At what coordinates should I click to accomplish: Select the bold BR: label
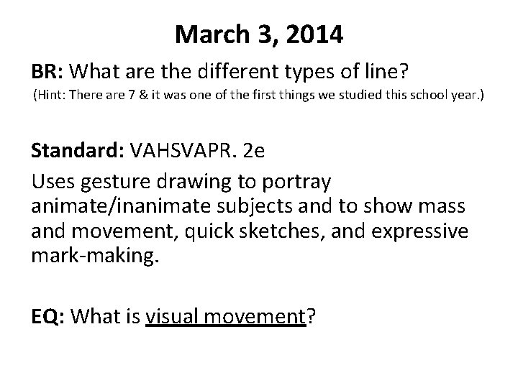(x=50, y=71)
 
